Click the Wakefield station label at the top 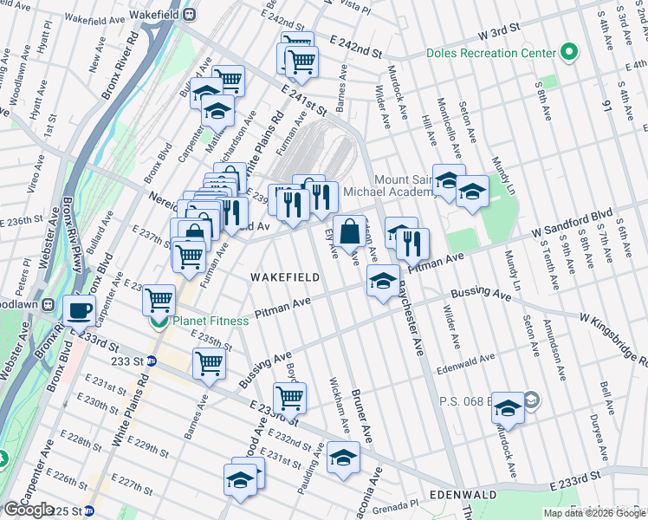(x=158, y=16)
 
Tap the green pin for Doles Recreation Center (x=569, y=53)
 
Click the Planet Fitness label (x=210, y=321)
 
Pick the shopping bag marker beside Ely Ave (x=349, y=232)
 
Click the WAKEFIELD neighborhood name (x=285, y=277)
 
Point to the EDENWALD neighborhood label (x=464, y=495)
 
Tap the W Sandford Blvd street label (x=572, y=222)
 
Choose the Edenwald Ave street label (x=466, y=357)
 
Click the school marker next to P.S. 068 (x=509, y=408)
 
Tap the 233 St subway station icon (x=152, y=361)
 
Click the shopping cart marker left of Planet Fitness (x=159, y=300)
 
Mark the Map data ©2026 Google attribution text (x=593, y=513)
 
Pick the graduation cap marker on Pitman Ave (x=382, y=281)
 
